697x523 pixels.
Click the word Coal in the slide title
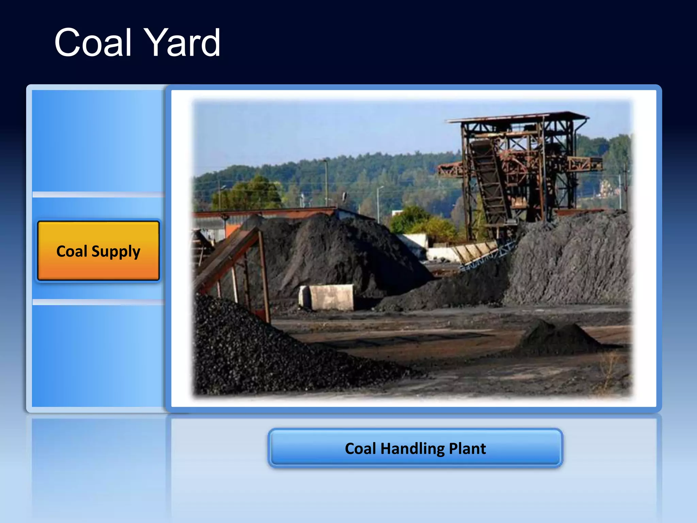[93, 43]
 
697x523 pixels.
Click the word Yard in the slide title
[182, 43]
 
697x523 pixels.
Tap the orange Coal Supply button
[98, 251]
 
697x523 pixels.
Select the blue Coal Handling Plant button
[415, 448]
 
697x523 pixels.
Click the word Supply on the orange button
[116, 252]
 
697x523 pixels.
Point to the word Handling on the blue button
[412, 449]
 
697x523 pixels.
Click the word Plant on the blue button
[467, 448]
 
